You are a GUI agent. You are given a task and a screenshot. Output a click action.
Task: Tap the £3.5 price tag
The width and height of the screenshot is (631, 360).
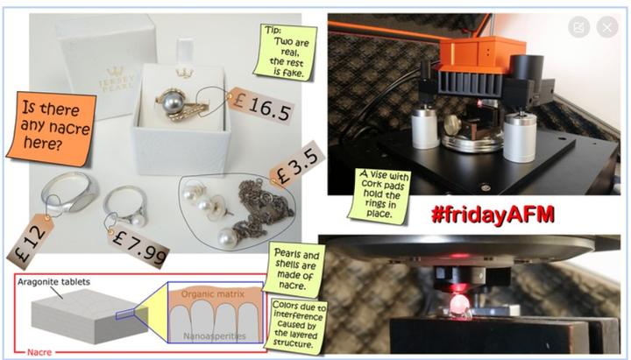tap(297, 166)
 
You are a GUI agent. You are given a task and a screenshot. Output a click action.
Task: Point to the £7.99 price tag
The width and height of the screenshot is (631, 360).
tap(138, 246)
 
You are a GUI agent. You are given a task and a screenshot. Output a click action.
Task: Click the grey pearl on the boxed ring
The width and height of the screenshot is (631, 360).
tap(173, 102)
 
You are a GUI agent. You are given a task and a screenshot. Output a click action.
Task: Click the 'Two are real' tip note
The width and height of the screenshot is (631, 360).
tap(286, 52)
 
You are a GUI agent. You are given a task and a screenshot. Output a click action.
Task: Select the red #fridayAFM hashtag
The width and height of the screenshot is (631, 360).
tap(493, 215)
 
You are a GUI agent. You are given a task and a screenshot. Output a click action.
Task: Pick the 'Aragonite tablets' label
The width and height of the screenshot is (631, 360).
tap(53, 281)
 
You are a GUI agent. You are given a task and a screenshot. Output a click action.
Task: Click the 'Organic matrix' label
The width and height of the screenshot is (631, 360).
tap(212, 294)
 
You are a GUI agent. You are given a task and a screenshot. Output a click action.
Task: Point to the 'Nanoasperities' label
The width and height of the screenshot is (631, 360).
tap(215, 335)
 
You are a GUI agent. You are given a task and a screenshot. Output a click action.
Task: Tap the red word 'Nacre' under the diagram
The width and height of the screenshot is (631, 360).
tap(39, 352)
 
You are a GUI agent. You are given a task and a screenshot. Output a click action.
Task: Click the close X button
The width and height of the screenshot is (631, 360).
tap(606, 27)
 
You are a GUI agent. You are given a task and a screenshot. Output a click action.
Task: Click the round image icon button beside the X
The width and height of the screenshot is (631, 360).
tap(578, 27)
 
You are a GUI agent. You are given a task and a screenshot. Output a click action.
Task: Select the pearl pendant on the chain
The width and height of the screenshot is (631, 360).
tap(227, 237)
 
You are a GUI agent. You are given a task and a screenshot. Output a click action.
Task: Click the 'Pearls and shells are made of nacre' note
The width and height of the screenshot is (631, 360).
tap(295, 270)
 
